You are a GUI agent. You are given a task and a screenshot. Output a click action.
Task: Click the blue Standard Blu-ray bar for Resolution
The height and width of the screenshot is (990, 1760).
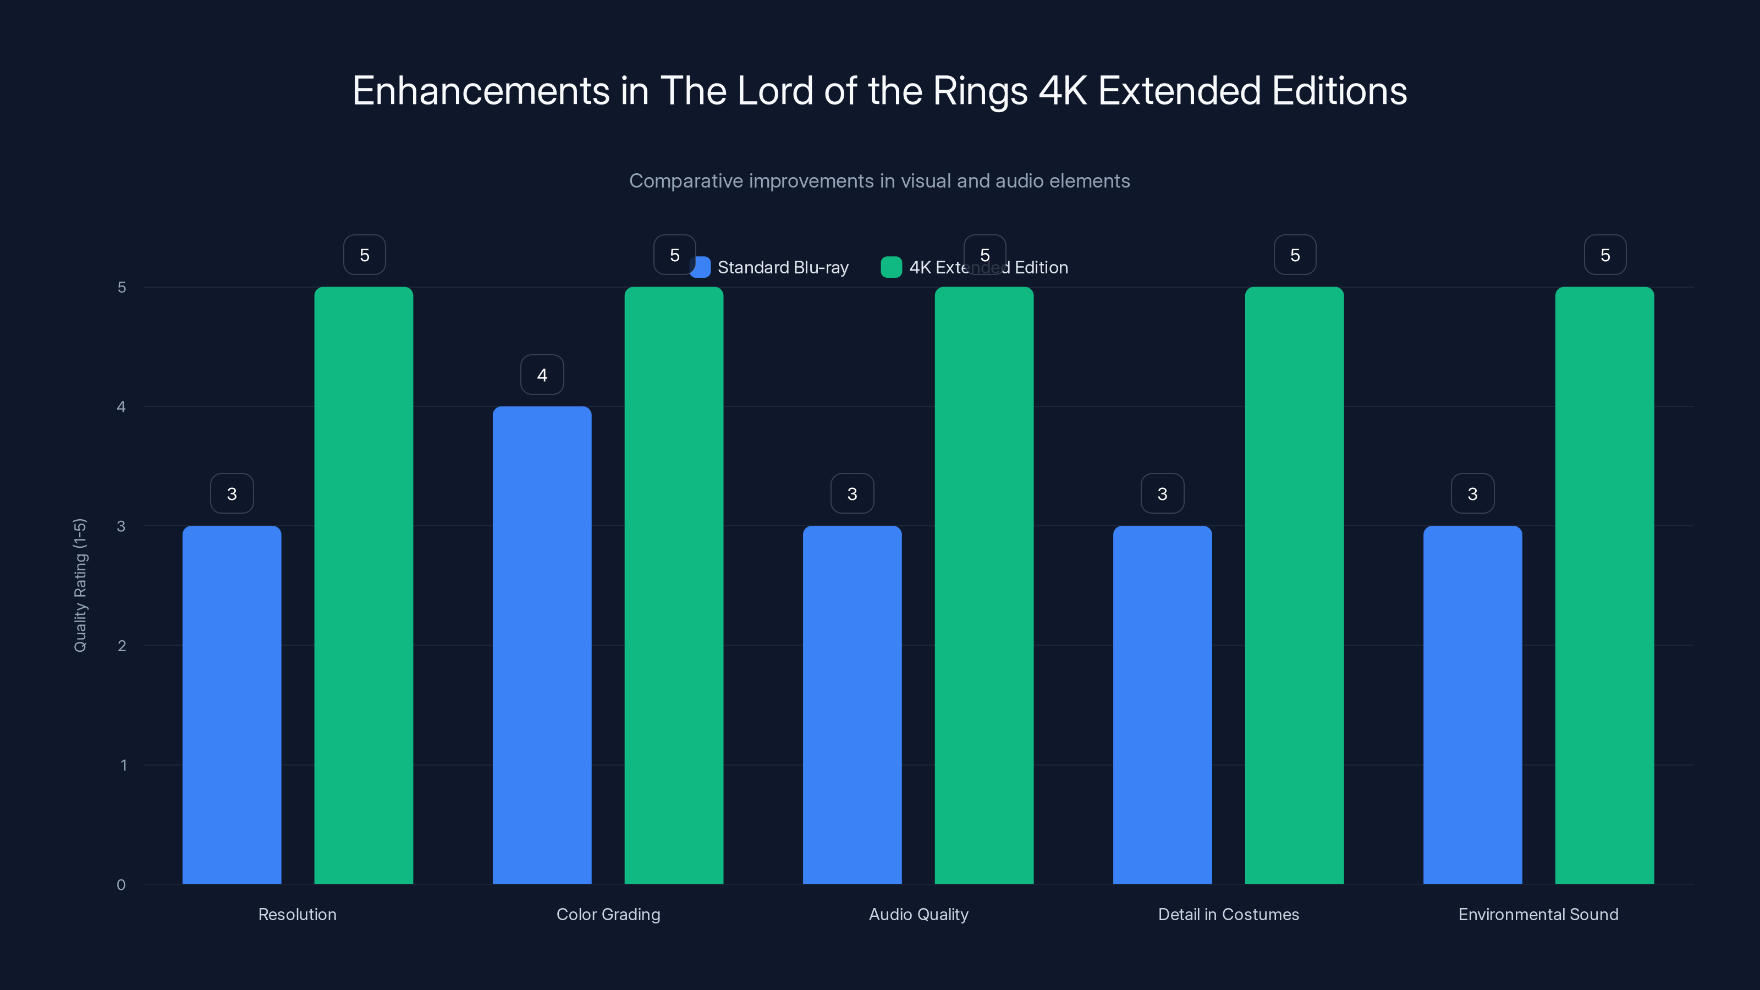coord(232,704)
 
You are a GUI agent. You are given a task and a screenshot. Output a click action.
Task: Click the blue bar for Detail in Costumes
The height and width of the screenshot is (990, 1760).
coord(1162,704)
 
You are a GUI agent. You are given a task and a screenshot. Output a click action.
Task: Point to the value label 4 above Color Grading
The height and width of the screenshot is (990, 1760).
coord(542,375)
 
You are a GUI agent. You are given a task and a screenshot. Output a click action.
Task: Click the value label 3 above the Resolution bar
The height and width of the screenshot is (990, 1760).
coord(232,493)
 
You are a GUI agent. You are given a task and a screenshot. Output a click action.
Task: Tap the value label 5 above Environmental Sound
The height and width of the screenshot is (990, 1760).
coord(1605,255)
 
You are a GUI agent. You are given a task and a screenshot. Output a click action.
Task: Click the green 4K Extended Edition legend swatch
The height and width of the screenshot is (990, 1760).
coord(891,267)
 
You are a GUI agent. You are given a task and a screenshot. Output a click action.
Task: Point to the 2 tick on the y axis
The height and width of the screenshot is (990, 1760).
coord(122,646)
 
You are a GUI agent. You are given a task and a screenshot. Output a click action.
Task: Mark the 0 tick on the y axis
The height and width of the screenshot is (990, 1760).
coord(121,885)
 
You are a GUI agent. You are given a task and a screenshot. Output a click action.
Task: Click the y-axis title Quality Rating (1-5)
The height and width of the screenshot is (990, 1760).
coord(80,585)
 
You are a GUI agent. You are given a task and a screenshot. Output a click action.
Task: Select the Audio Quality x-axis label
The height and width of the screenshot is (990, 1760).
coord(919,914)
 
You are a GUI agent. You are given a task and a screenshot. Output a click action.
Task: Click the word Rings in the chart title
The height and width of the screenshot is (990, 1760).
coord(980,91)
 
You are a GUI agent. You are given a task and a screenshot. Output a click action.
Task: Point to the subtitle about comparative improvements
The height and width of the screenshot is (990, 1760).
coord(879,181)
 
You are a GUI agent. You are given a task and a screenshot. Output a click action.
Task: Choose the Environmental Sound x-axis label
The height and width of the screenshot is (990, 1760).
coord(1538,914)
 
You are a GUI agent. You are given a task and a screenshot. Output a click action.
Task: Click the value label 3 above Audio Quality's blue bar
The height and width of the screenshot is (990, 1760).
coord(852,493)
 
